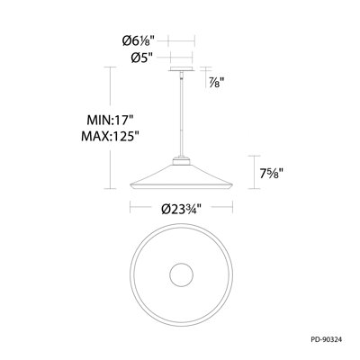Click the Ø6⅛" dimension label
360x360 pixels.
(x=142, y=41)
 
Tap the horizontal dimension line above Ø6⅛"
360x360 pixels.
(x=180, y=40)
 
